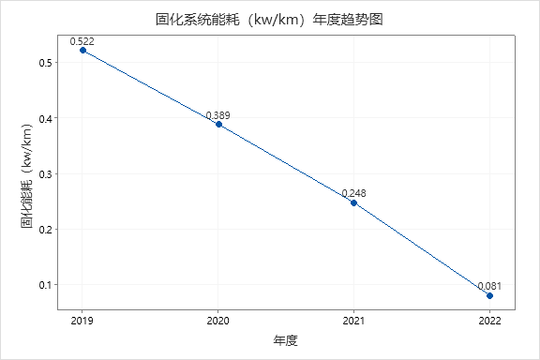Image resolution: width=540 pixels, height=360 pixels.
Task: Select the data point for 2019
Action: tap(82, 51)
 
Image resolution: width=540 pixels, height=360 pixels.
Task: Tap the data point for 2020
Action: tap(218, 124)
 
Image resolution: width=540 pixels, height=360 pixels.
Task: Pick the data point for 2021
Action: tap(353, 202)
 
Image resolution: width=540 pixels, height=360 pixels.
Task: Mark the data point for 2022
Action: tap(489, 295)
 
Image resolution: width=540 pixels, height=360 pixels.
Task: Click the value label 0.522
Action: tap(82, 41)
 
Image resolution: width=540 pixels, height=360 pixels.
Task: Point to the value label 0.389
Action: tap(218, 115)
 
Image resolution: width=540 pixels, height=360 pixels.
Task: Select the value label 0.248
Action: tap(353, 193)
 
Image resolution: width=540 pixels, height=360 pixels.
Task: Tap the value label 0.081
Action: tap(489, 286)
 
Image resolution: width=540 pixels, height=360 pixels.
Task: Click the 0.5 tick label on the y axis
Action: tap(45, 63)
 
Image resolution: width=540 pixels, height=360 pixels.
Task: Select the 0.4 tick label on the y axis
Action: tap(45, 118)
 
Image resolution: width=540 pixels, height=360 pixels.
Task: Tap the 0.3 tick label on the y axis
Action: tap(45, 173)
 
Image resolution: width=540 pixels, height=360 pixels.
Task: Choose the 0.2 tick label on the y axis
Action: tap(45, 229)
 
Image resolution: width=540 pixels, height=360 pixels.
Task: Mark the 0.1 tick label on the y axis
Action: tap(45, 285)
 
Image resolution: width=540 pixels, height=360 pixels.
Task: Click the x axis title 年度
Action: tap(286, 339)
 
